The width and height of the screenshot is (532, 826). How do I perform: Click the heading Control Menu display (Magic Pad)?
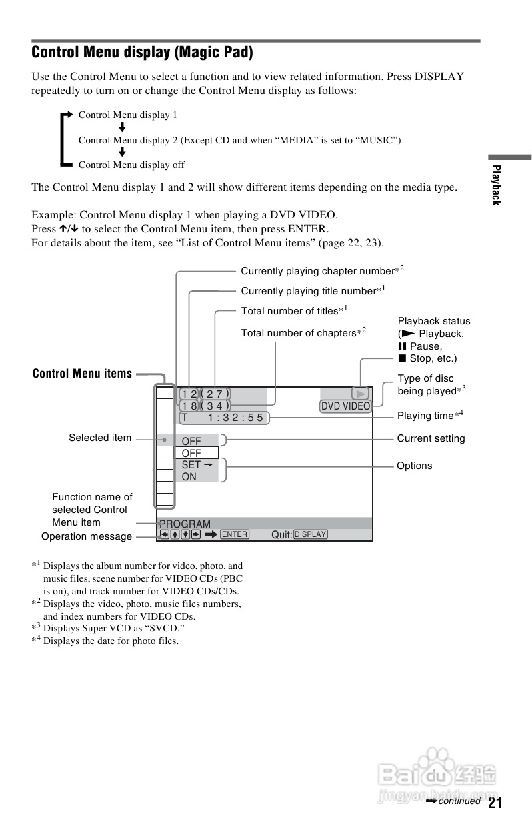point(143,52)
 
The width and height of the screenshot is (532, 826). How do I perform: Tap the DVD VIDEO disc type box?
point(345,406)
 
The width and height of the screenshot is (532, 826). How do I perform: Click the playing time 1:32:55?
point(235,418)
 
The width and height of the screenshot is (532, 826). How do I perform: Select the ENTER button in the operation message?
point(235,534)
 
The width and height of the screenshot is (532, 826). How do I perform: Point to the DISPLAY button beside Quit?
point(310,534)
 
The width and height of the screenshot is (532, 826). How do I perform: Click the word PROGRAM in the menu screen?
point(185,524)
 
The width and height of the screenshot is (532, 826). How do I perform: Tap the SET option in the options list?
point(191,464)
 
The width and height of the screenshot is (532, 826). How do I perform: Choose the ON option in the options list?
point(189,476)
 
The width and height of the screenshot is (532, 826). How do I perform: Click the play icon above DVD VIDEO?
point(360,394)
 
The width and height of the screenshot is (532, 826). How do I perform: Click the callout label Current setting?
point(431,438)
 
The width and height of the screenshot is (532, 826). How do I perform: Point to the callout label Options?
point(414,466)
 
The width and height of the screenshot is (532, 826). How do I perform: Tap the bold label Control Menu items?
point(83,374)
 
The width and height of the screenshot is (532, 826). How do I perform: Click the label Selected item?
point(100,438)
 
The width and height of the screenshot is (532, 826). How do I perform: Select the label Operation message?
point(87,536)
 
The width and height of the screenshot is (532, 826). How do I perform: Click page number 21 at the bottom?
point(495,803)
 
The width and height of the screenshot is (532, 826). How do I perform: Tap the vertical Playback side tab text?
point(495,185)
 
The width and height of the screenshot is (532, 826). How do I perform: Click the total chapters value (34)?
point(215,406)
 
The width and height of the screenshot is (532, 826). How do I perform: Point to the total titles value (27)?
point(215,394)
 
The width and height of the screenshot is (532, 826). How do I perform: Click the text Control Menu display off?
point(131,165)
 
